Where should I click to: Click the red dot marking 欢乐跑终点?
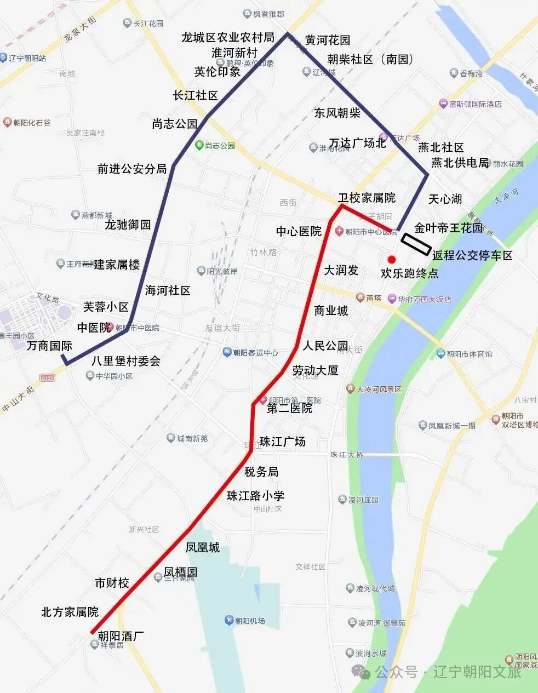(x=391, y=259)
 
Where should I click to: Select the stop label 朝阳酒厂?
(x=121, y=636)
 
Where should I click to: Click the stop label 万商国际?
(x=49, y=346)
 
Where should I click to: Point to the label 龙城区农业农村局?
(x=228, y=37)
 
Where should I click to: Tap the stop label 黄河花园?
(x=328, y=40)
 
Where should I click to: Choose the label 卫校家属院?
(x=367, y=198)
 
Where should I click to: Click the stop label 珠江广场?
(x=283, y=442)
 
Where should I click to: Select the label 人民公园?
(x=325, y=346)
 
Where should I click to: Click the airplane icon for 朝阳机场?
(x=228, y=620)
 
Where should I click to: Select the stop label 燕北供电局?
(x=460, y=163)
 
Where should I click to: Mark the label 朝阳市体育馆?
(x=469, y=354)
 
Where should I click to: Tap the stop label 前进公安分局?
(x=132, y=169)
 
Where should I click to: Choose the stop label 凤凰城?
(x=202, y=547)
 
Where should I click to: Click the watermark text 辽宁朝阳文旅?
(x=477, y=672)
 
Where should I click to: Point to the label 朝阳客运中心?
(x=255, y=353)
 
